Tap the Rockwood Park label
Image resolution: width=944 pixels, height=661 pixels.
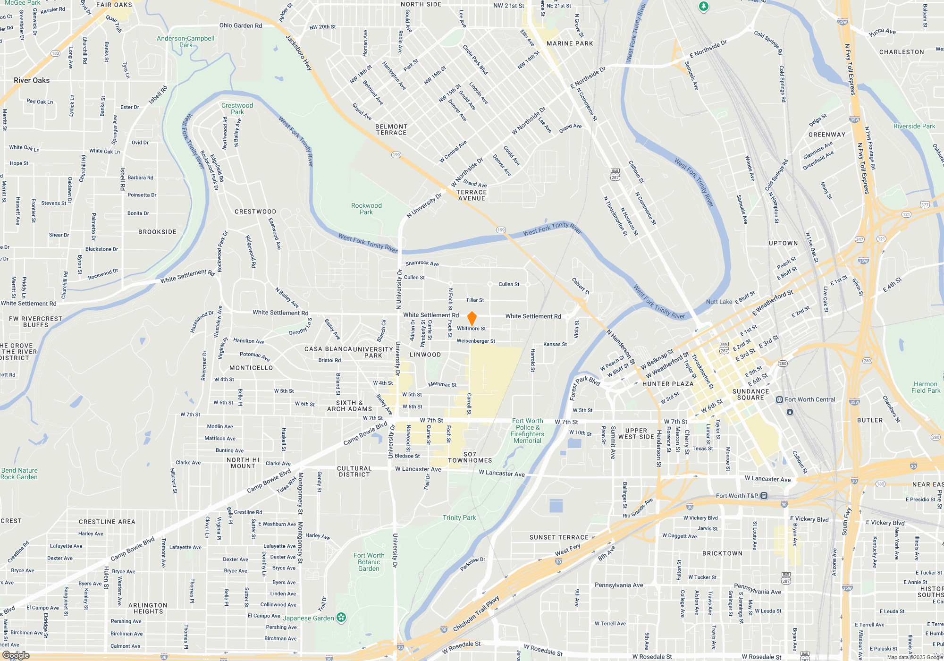366,209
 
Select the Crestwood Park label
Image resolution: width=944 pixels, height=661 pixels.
237,109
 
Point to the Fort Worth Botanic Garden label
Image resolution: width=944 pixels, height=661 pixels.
369,562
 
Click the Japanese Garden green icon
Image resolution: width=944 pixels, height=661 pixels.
342,617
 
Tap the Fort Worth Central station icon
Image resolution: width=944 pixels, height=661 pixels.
780,400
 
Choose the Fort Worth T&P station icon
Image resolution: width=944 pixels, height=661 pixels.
764,496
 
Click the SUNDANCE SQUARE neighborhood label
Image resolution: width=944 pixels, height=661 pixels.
750,395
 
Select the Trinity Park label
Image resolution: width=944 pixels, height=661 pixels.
459,517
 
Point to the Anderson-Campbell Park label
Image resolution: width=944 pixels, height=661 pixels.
185,42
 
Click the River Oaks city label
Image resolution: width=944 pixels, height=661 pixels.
32,80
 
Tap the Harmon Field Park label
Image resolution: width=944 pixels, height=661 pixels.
926,387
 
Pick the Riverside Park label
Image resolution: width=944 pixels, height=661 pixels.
914,126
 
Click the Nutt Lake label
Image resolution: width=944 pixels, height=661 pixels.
719,302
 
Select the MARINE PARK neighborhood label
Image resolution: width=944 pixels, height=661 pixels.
569,43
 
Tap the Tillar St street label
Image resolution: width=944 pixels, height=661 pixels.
475,300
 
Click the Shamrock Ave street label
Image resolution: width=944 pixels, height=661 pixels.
422,263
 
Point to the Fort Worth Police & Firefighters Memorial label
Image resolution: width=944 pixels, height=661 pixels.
527,431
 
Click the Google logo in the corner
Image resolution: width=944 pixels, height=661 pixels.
16,655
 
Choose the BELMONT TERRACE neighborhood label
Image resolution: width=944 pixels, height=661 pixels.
391,130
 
